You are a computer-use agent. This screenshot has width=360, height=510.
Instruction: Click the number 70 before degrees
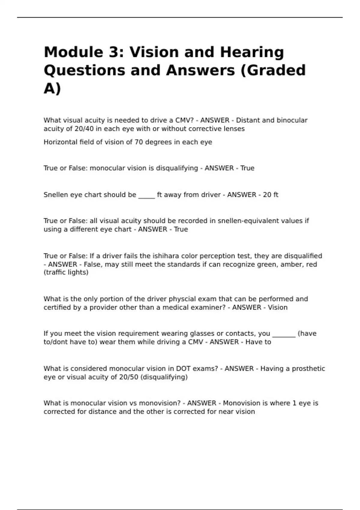(x=139, y=142)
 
